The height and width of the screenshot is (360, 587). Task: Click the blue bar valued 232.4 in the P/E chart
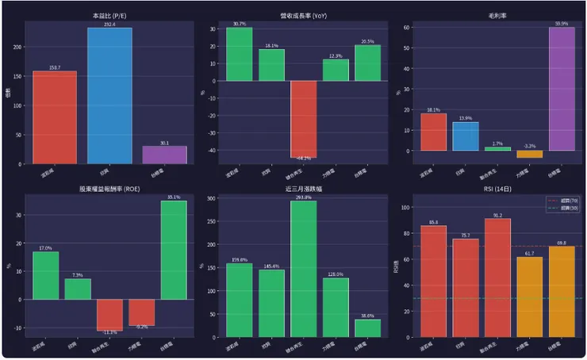point(109,95)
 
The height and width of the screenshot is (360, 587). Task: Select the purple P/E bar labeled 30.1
point(164,155)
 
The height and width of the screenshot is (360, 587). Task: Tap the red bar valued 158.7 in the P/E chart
point(55,117)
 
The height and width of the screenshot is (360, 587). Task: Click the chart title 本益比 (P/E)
point(109,15)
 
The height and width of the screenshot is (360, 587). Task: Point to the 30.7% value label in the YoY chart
point(239,24)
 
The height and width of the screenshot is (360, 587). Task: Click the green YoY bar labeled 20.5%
point(367,63)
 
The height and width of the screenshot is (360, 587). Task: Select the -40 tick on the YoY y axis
point(210,150)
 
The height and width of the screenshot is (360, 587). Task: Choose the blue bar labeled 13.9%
point(466,136)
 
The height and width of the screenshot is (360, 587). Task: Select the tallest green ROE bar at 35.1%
point(174,250)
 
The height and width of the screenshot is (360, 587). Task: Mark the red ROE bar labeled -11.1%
point(109,314)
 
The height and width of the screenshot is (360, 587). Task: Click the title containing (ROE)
point(109,190)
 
